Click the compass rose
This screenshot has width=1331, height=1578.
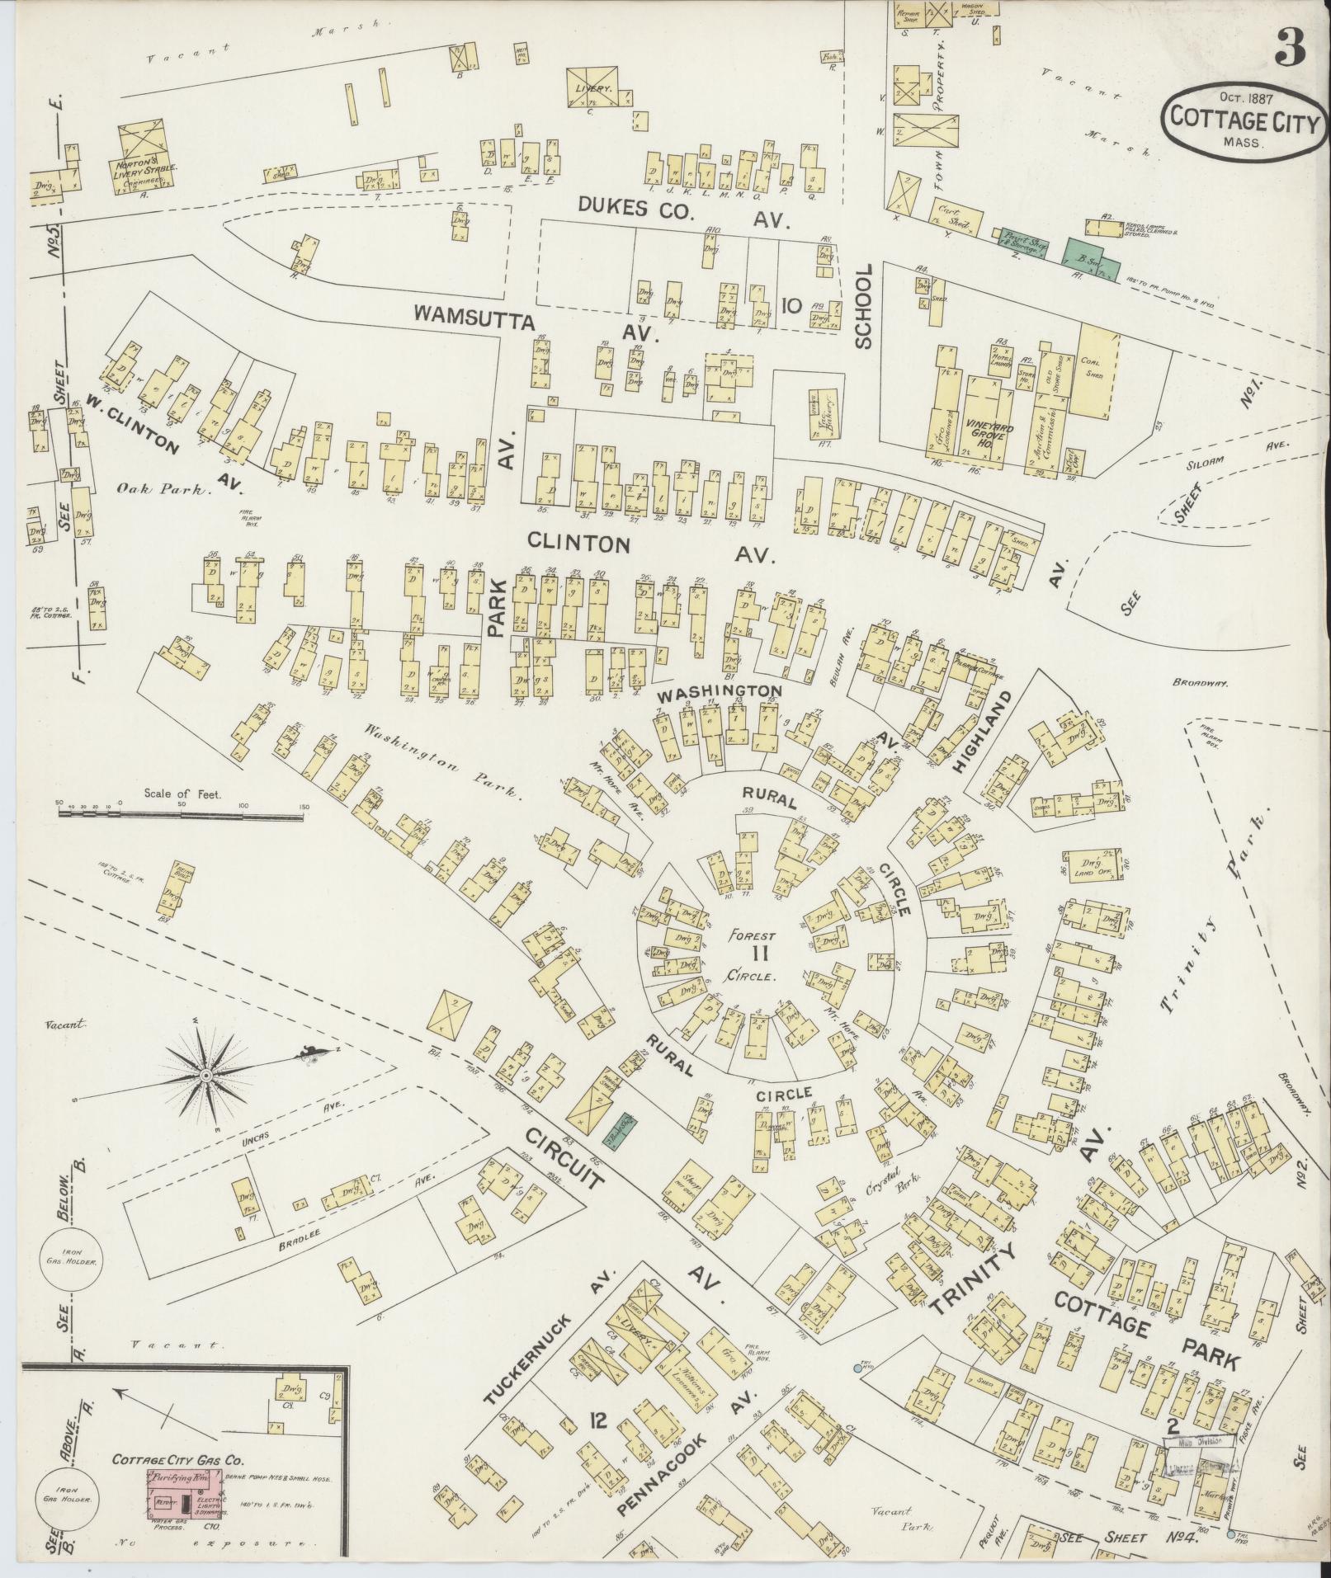pyautogui.click(x=205, y=1076)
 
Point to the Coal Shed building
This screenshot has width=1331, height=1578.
pyautogui.click(x=1097, y=370)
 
